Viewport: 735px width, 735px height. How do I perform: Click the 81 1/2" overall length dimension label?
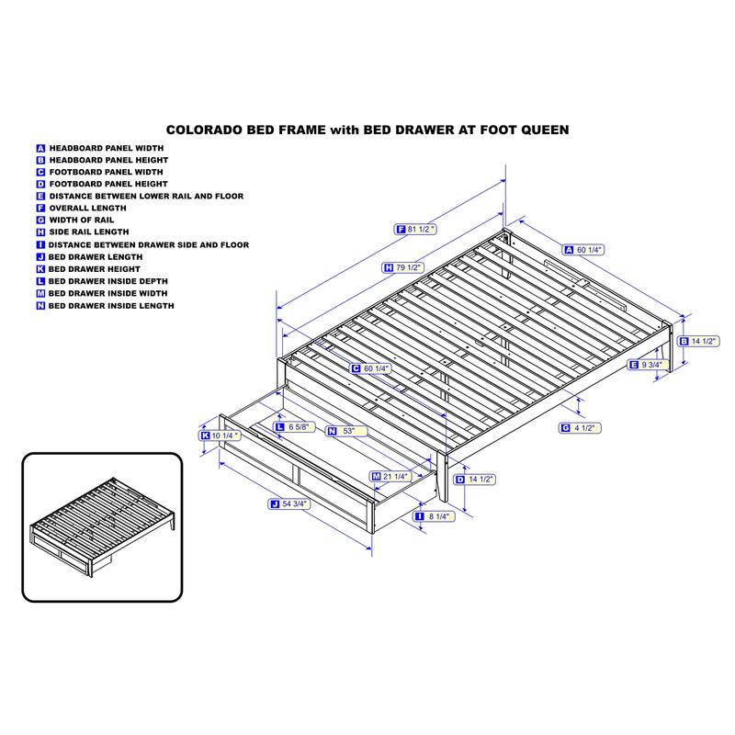(415, 229)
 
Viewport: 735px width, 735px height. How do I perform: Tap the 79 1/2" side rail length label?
(403, 267)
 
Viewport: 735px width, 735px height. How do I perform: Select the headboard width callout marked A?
(583, 250)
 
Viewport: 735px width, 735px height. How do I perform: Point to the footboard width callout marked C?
(371, 368)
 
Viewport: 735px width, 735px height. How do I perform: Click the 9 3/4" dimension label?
(647, 364)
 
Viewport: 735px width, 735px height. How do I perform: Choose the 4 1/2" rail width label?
(580, 427)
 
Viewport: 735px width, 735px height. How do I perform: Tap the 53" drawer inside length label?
(347, 431)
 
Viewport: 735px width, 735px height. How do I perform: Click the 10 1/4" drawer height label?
(220, 435)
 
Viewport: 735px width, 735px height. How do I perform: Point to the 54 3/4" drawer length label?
(289, 503)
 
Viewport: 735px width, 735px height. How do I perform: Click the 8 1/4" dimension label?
(434, 516)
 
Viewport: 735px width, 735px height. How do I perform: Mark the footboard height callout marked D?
(475, 479)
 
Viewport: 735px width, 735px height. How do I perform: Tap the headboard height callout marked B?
(699, 341)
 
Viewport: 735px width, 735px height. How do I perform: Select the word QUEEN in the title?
(545, 130)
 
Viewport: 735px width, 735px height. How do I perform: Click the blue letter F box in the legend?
(40, 209)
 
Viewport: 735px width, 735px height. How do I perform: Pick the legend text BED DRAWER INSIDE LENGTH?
(111, 306)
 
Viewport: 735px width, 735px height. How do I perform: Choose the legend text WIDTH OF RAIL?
(82, 220)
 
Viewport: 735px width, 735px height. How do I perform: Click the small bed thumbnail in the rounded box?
(102, 526)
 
